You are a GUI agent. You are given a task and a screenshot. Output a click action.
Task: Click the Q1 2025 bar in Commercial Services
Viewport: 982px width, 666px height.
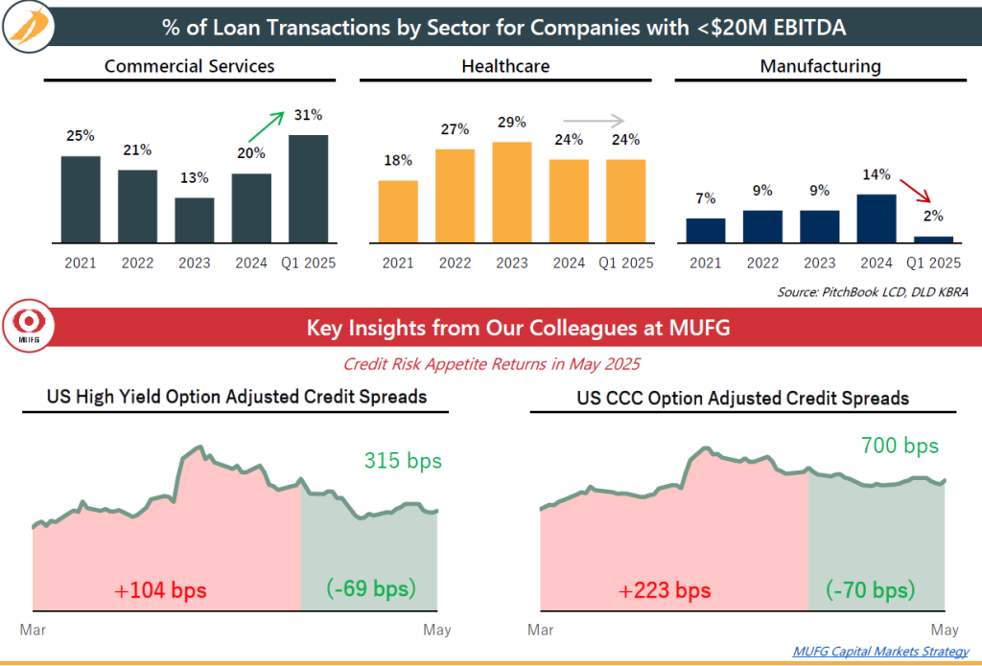click(308, 188)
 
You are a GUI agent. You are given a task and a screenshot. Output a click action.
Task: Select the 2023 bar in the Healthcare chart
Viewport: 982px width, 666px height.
click(511, 192)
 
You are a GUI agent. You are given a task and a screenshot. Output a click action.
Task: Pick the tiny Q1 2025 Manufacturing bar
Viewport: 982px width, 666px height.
click(933, 239)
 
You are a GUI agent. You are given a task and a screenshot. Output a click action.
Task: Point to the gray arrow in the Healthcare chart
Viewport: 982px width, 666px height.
click(599, 121)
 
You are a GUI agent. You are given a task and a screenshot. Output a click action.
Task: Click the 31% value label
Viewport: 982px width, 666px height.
click(308, 115)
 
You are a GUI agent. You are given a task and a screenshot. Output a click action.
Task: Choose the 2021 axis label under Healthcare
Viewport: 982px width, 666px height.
click(398, 263)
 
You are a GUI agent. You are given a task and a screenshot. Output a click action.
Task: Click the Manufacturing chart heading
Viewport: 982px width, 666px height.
click(820, 66)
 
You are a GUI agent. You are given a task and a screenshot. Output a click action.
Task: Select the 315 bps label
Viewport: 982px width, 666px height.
click(403, 461)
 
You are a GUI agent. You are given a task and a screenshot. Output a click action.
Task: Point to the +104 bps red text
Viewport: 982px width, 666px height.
click(160, 589)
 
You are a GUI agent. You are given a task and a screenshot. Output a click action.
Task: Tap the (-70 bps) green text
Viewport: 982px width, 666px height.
click(871, 589)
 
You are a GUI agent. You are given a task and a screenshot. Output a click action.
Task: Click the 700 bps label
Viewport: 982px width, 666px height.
click(900, 446)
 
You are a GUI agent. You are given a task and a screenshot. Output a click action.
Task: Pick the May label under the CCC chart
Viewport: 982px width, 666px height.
click(945, 631)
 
